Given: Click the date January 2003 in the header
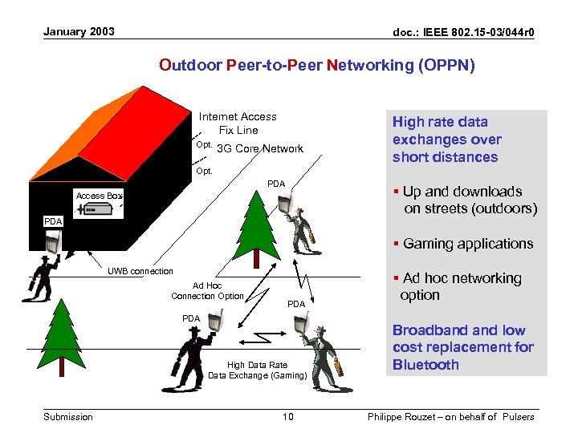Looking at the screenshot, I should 79,32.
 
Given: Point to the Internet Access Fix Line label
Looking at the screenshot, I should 238,123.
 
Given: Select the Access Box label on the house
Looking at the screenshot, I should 99,196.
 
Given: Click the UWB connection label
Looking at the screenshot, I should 140,271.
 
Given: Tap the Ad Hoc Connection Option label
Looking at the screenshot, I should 207,291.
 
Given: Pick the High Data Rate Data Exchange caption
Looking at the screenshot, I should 257,370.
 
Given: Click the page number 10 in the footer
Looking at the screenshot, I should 289,416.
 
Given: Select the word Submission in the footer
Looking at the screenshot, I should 68,416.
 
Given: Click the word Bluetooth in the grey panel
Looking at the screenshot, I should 425,365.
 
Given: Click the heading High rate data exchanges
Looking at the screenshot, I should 445,139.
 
